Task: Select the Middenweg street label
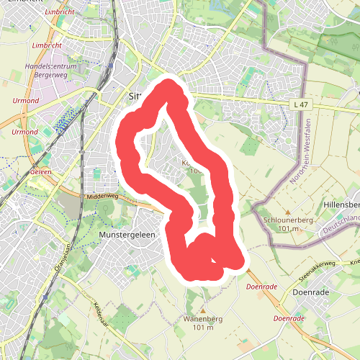101,195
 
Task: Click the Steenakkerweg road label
317,266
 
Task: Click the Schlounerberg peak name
287,220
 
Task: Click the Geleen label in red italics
42,174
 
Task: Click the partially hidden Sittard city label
135,95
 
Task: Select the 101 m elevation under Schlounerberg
287,229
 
